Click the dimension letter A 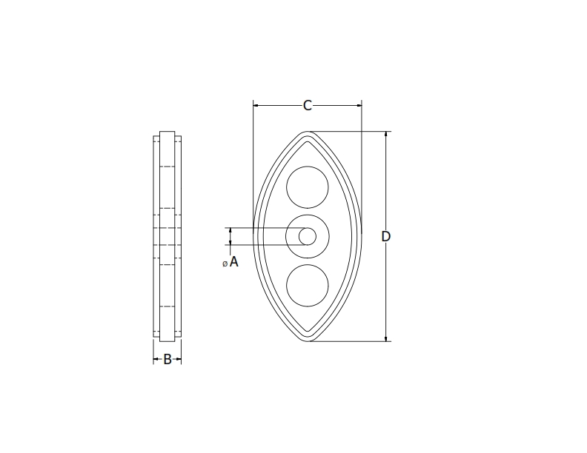(x=234, y=261)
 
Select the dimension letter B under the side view (x=168, y=360)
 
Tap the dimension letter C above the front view (x=308, y=106)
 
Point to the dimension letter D (x=386, y=236)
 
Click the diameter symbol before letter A (x=225, y=264)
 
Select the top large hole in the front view (x=308, y=187)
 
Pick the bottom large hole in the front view (x=308, y=286)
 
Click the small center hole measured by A (x=308, y=236)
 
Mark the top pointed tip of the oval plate (x=308, y=133)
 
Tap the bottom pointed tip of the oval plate (x=308, y=340)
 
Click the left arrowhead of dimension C (x=256, y=106)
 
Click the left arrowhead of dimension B (x=156, y=360)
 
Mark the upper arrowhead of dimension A (x=231, y=230)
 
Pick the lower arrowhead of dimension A (x=231, y=242)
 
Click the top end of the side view (x=168, y=132)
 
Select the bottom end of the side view (x=168, y=341)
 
